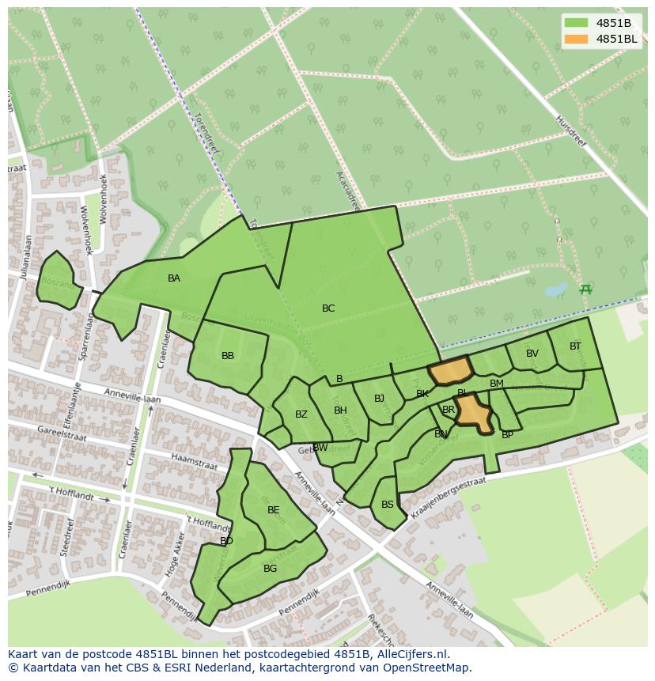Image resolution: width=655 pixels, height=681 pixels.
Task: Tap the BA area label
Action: (174, 278)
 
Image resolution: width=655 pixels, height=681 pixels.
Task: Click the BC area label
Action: (328, 308)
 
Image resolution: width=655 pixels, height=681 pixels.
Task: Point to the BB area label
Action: (228, 356)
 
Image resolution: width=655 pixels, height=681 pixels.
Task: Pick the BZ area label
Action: (301, 414)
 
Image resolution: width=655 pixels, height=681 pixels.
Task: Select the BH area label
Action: (340, 410)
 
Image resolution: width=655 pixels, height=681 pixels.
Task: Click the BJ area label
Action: (379, 399)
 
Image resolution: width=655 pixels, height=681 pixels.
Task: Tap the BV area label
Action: (532, 354)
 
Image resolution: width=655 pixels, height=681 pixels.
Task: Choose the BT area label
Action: (575, 346)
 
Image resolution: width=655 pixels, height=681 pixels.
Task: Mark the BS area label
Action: (388, 505)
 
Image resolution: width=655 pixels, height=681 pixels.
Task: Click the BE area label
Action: (274, 510)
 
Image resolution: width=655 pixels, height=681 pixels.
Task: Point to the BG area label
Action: (271, 569)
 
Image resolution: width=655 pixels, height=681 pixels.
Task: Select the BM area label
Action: (497, 384)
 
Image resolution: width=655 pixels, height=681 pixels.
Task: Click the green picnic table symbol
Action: (585, 289)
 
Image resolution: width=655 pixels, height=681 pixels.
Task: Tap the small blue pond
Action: (556, 289)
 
